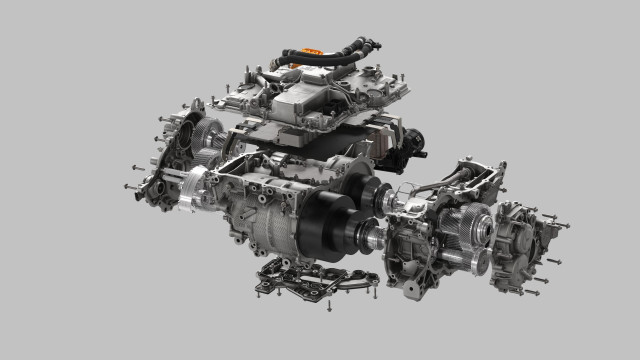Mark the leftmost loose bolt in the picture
[x=127, y=186]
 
